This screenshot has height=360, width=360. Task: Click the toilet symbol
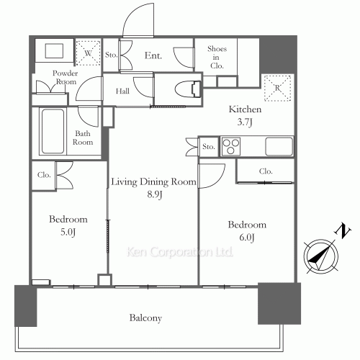(x=188, y=89)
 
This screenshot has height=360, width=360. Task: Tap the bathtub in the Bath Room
(x=53, y=131)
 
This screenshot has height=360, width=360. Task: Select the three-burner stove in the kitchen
(x=231, y=146)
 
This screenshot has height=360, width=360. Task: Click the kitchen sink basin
(x=279, y=146)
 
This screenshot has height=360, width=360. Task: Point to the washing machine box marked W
(x=88, y=53)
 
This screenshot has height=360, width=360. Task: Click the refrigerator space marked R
(x=278, y=88)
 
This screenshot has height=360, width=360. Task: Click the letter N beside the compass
(x=343, y=230)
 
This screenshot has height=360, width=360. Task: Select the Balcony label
(x=145, y=318)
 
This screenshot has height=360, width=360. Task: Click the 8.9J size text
(x=155, y=194)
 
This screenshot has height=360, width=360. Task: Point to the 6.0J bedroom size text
(x=247, y=238)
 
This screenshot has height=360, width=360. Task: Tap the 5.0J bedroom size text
(x=68, y=232)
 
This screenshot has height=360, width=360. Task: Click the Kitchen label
(x=245, y=109)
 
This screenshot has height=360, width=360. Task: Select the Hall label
(x=122, y=91)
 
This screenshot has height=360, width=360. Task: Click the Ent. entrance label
(x=153, y=55)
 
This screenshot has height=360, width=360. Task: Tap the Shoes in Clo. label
(x=217, y=57)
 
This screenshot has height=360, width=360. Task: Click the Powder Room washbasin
(x=54, y=50)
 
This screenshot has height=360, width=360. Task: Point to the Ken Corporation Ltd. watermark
(x=180, y=252)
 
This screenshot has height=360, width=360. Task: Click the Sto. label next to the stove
(x=208, y=146)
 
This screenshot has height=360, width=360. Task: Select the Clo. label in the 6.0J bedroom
(x=266, y=171)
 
